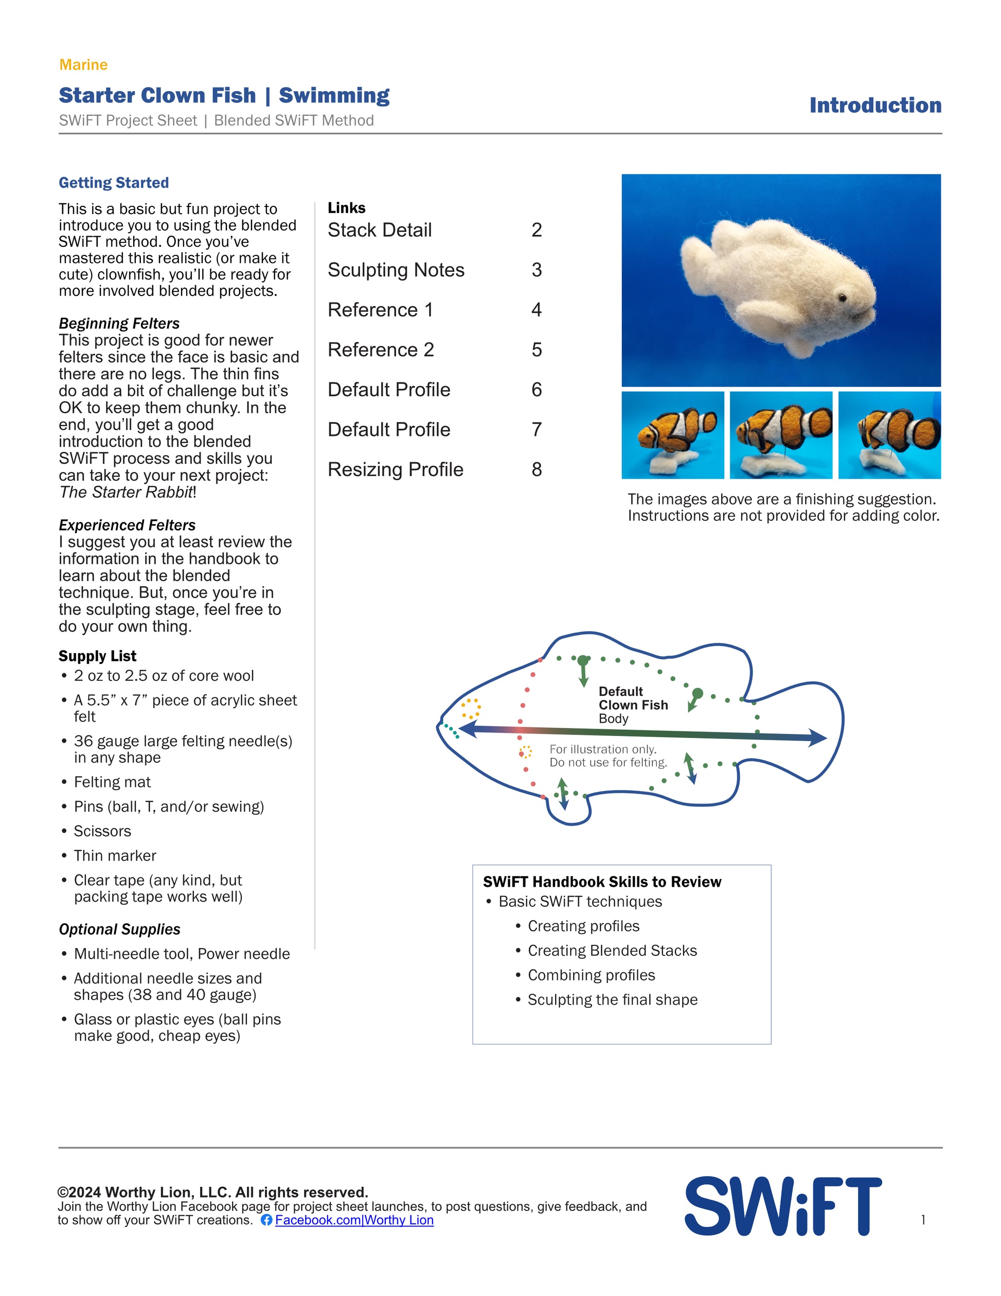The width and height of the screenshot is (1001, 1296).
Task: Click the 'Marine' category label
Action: point(83,65)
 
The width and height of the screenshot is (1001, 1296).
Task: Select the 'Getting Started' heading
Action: point(113,183)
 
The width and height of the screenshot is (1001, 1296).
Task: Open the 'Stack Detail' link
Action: point(380,230)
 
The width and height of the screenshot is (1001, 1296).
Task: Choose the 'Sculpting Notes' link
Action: point(396,270)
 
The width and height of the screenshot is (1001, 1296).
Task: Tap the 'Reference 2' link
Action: point(381,349)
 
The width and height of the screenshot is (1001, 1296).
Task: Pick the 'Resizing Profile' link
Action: point(395,469)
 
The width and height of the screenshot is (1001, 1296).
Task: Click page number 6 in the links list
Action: point(536,390)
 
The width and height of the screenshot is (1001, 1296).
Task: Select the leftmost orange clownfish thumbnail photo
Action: point(672,435)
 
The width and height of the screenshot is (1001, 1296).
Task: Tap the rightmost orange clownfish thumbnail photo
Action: point(889,435)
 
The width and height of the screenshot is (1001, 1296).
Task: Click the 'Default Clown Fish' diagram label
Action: point(633,698)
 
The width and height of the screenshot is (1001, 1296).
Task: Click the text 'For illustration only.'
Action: point(602,749)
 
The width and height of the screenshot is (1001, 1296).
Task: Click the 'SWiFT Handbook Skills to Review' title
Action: point(602,882)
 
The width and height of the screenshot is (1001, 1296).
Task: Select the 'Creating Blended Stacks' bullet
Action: point(612,951)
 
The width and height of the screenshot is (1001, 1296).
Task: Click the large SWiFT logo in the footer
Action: point(783,1206)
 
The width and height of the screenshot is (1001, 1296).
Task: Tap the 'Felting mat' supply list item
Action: point(112,782)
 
